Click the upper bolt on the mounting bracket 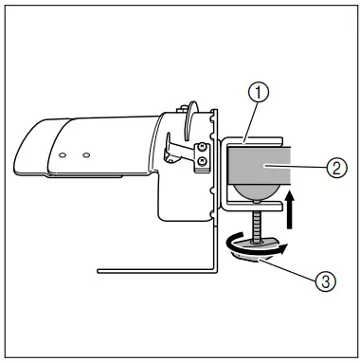click(201, 149)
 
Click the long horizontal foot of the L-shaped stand click(152, 270)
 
